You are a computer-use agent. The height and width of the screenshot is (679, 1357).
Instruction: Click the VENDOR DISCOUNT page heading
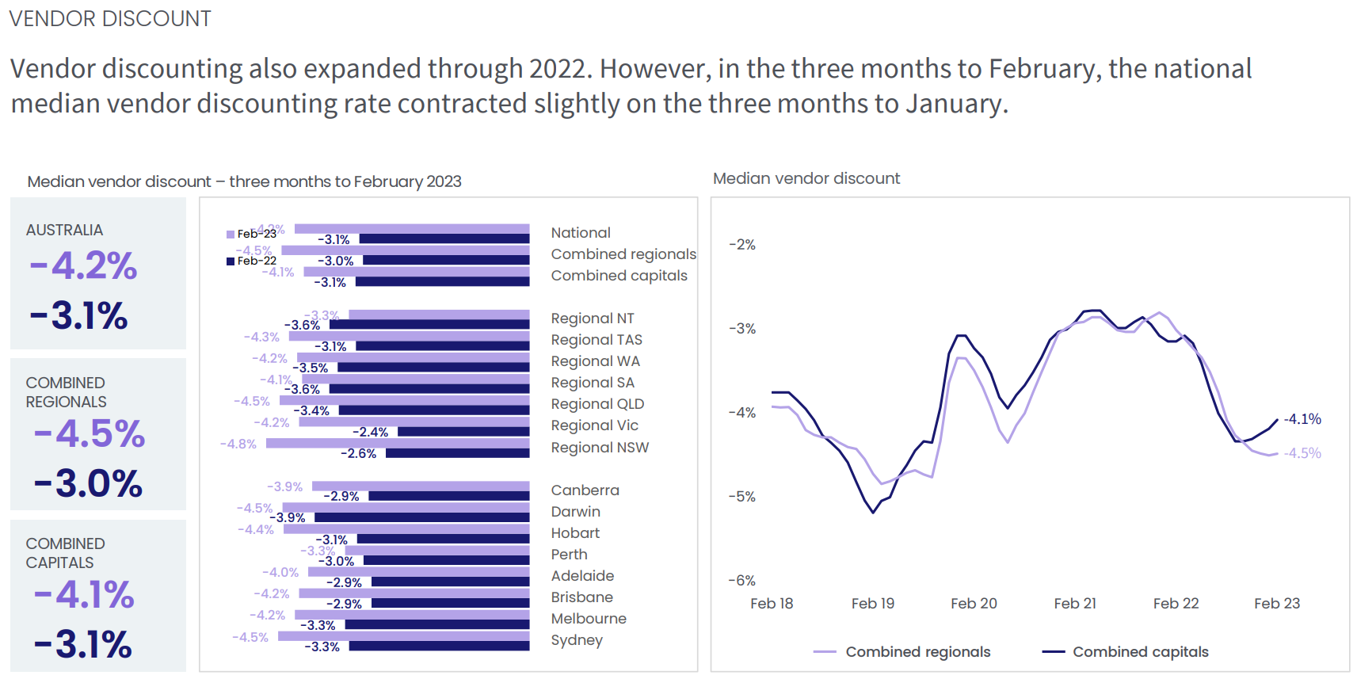110,19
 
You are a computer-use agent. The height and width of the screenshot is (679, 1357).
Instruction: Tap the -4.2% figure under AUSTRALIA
83,265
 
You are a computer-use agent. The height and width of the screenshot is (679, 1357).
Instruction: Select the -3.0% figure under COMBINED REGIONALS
88,483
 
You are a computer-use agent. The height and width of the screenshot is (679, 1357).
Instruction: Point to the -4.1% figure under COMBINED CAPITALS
84,594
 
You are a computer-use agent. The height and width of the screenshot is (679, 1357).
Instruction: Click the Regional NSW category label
600,448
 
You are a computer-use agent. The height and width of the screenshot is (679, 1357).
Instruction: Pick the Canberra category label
585,490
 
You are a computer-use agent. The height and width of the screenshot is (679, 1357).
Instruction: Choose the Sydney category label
577,640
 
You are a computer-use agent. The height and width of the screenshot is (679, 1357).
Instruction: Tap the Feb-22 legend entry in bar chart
252,261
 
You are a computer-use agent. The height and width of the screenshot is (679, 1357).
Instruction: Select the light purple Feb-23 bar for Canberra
420,486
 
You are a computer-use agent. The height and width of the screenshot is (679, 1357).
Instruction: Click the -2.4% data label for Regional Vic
371,433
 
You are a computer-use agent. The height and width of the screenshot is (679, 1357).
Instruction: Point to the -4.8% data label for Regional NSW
238,444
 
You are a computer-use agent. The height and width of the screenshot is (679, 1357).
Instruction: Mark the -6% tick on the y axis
742,581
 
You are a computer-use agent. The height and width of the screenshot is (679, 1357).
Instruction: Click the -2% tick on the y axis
742,245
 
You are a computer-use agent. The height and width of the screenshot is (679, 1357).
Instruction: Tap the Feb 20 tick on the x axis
974,604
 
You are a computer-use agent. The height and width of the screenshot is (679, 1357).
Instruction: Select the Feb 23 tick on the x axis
1277,604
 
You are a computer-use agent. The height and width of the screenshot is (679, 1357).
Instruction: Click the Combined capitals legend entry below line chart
1125,652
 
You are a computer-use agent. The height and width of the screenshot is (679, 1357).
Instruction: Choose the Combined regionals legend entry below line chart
902,652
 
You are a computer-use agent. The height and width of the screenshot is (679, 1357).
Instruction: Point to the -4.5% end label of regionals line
1303,453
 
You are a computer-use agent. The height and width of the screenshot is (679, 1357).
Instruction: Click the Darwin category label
575,512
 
